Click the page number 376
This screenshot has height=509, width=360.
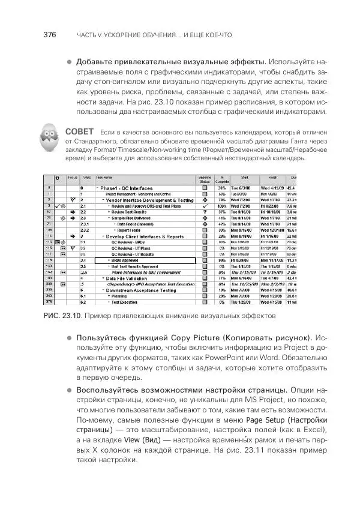tap(49, 35)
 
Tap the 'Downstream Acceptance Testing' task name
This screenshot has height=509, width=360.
tap(140, 289)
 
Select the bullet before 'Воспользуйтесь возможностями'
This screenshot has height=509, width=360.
tap(69, 391)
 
